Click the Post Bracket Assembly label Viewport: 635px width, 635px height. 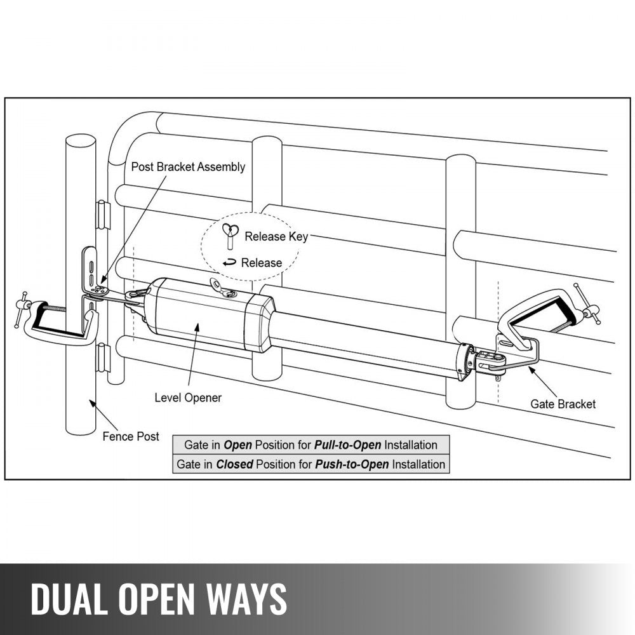(188, 167)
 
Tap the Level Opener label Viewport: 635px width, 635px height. (188, 398)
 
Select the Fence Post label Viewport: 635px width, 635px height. (131, 437)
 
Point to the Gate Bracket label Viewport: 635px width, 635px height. (563, 404)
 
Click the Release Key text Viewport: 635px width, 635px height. (276, 237)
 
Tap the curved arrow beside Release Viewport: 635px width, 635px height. (229, 262)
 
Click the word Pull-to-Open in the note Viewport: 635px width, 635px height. (347, 445)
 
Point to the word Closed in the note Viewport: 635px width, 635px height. (234, 464)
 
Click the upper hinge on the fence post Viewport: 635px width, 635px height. (102, 215)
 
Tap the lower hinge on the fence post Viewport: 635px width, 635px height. (102, 358)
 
